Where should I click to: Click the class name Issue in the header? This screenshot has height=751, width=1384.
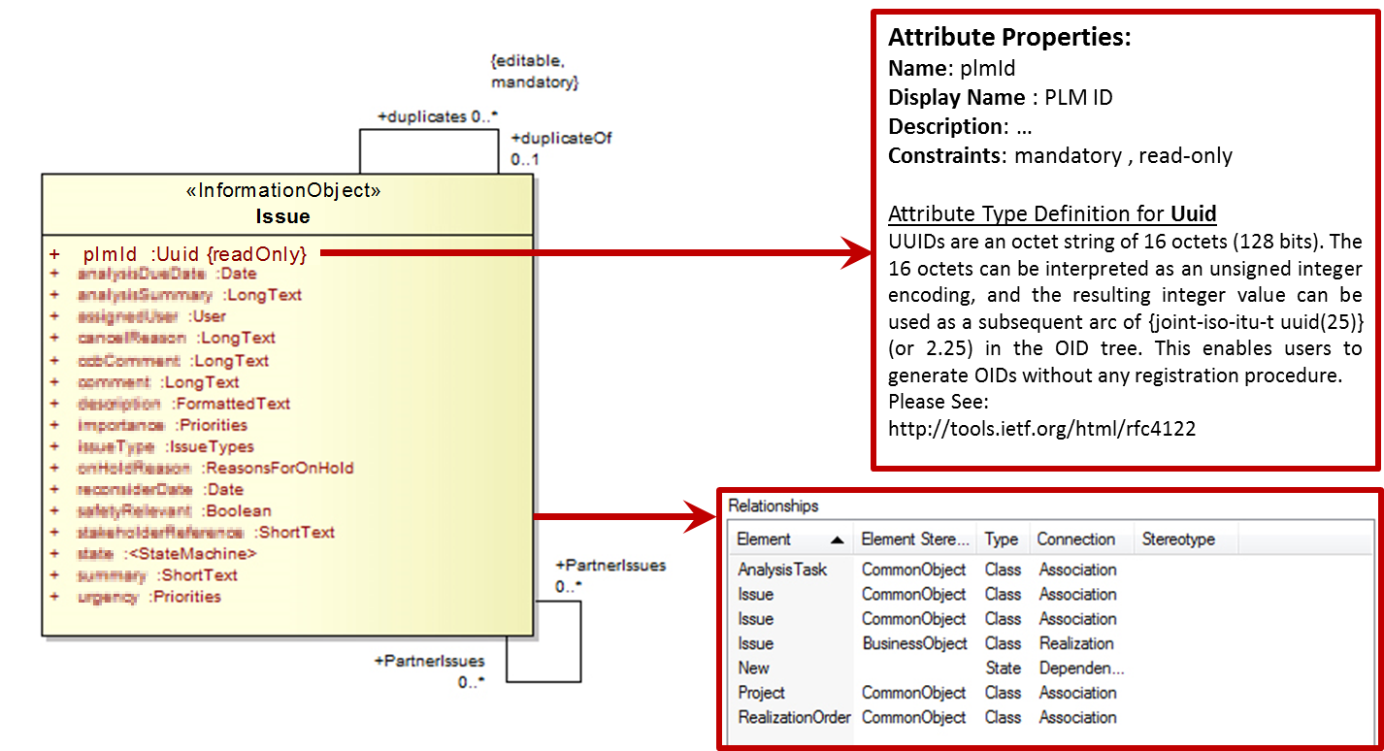click(x=282, y=214)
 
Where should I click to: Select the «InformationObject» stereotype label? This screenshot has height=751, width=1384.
click(x=282, y=191)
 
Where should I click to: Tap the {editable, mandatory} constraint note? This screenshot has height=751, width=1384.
click(x=534, y=72)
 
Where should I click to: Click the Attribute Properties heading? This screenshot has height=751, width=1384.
click(x=1009, y=39)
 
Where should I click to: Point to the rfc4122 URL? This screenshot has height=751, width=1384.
click(x=1041, y=428)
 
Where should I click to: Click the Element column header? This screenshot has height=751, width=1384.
click(x=764, y=539)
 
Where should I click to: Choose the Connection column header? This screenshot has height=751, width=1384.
click(x=1075, y=539)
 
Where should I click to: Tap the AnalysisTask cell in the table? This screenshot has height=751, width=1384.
click(x=782, y=570)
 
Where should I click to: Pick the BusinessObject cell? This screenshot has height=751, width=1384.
click(x=914, y=643)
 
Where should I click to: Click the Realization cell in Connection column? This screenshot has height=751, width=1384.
click(x=1076, y=643)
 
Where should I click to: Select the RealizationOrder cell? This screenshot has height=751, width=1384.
click(x=794, y=717)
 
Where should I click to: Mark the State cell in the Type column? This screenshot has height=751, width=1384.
click(x=1003, y=668)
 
